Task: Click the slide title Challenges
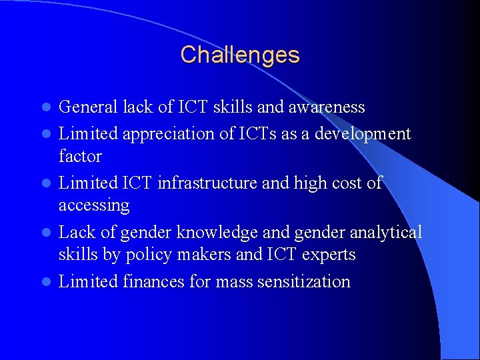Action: [x=240, y=55]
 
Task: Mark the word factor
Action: [x=80, y=157]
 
